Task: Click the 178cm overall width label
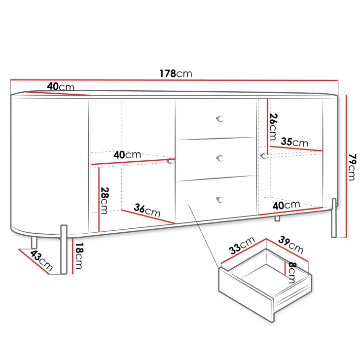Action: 176,73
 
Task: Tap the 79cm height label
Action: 352,167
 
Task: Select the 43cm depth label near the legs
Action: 41,260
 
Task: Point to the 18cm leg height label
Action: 79,256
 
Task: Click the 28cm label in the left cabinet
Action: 105,201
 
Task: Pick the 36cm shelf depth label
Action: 147,210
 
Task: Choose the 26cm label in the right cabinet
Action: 273,127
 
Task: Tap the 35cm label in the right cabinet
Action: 294,142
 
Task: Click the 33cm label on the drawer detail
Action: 242,246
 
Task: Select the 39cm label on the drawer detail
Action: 291,245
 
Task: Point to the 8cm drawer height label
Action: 292,273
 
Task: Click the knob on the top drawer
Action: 220,119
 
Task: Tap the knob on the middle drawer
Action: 220,158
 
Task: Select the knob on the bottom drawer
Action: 220,200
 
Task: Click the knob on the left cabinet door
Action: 171,161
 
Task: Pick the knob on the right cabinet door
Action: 264,156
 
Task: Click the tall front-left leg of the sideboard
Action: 64,250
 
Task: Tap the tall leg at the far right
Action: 334,217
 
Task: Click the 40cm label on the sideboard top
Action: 61,87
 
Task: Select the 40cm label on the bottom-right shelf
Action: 287,205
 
